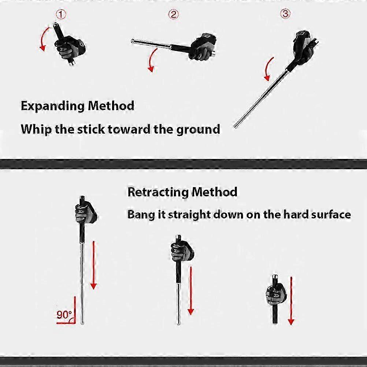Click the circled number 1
61,15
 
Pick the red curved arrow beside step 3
268,69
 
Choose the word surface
331,214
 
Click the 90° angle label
64,314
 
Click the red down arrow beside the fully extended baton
93,264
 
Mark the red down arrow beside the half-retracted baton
190,289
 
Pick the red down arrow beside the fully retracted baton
291,300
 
